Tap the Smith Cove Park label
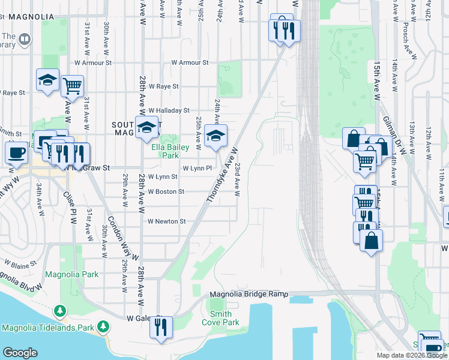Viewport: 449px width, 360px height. pos(224,317)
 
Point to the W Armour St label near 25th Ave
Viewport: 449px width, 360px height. pos(189,62)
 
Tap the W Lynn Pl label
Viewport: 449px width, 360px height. pos(197,169)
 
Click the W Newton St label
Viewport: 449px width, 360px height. pos(166,221)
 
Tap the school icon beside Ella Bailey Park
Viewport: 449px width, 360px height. pos(146,127)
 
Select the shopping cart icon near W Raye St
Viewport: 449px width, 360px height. pos(72,85)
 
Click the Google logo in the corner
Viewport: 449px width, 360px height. pos(20,353)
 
